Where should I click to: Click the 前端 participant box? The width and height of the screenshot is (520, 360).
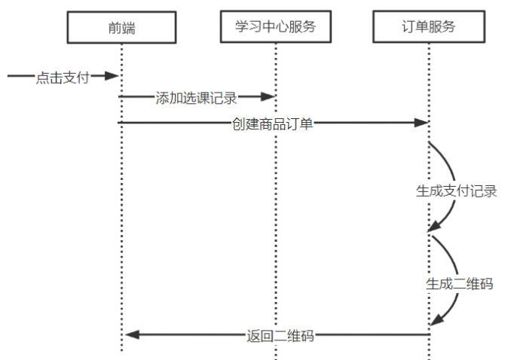click(x=121, y=28)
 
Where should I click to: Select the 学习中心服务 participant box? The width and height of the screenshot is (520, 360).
click(x=275, y=28)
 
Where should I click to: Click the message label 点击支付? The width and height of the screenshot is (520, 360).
click(x=62, y=77)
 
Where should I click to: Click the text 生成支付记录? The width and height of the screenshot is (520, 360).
click(x=457, y=191)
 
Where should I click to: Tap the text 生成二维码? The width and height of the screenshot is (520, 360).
click(x=459, y=284)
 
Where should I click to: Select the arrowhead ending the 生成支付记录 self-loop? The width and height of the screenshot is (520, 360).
click(x=433, y=226)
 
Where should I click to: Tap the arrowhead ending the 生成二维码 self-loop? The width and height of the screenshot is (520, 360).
click(x=435, y=321)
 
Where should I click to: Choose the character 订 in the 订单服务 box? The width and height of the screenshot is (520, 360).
click(x=408, y=28)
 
